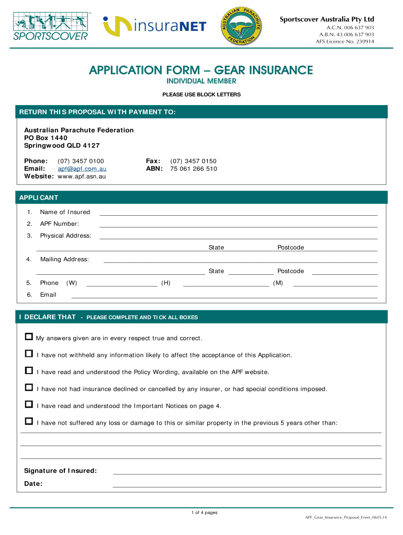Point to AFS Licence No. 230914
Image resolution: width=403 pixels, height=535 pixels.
pos(344,42)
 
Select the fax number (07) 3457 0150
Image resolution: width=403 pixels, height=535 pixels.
pos(193,161)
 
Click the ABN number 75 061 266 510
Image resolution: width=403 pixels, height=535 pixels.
pos(193,169)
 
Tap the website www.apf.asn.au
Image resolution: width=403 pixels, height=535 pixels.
pos(82,177)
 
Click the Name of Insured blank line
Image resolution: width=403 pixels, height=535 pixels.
pos(238,213)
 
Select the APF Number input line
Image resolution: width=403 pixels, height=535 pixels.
pos(238,225)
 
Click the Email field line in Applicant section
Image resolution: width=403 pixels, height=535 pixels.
pos(224,295)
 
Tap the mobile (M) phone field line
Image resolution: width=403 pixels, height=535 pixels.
pos(335,284)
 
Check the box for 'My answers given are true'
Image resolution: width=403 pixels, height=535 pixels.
pos(29,337)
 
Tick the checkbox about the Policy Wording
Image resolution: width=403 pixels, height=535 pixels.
pos(29,371)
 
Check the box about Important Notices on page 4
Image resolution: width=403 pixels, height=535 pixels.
pos(29,405)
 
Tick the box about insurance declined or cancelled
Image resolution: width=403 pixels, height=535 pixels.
pos(29,388)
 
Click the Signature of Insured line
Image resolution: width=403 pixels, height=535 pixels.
pos(247,472)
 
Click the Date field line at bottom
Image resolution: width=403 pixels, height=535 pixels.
pos(247,484)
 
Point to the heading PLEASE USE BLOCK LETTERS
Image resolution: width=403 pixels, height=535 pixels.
pos(201,95)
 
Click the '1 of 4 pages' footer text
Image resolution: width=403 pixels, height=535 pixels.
pos(204,513)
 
